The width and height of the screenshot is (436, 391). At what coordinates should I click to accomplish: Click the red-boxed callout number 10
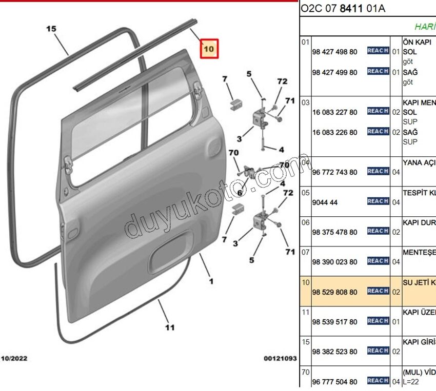tap(209, 49)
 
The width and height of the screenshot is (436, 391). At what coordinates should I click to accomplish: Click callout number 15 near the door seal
tap(51, 29)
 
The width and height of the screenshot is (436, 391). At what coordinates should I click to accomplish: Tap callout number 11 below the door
tap(170, 327)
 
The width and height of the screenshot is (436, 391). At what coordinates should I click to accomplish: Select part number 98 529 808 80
tap(334, 292)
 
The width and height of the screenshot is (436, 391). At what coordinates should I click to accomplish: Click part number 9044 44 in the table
tap(325, 202)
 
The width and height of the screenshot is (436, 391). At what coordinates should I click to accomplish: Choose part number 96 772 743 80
tap(334, 172)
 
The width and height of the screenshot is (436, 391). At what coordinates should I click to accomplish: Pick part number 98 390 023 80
tap(334, 262)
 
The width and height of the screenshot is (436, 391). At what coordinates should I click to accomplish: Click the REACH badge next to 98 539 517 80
tap(378, 321)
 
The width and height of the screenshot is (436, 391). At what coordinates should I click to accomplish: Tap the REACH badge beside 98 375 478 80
tap(378, 231)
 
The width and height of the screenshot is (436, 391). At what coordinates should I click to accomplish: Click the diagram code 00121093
tap(280, 359)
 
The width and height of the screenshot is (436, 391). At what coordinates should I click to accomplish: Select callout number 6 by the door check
tap(239, 193)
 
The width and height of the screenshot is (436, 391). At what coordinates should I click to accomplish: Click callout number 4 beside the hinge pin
tap(281, 150)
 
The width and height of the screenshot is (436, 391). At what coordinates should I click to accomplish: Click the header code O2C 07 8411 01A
tap(342, 9)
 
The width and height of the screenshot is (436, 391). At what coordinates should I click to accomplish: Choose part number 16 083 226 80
tap(334, 132)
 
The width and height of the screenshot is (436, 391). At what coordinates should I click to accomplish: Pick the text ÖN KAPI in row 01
tap(417, 42)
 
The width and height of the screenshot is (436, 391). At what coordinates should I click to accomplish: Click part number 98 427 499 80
tap(334, 72)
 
